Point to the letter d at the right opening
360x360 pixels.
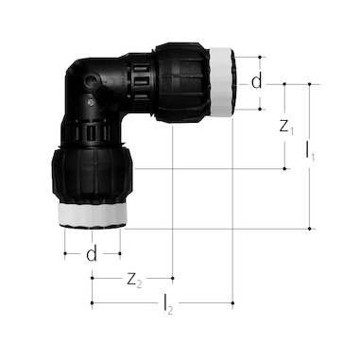[257, 82]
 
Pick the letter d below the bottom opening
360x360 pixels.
[91, 255]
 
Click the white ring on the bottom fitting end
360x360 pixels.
[93, 214]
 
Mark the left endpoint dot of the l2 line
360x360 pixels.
[92, 303]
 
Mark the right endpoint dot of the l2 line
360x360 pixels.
[232, 303]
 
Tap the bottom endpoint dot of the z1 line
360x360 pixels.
[284, 168]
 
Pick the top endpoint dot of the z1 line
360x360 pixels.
[284, 83]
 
